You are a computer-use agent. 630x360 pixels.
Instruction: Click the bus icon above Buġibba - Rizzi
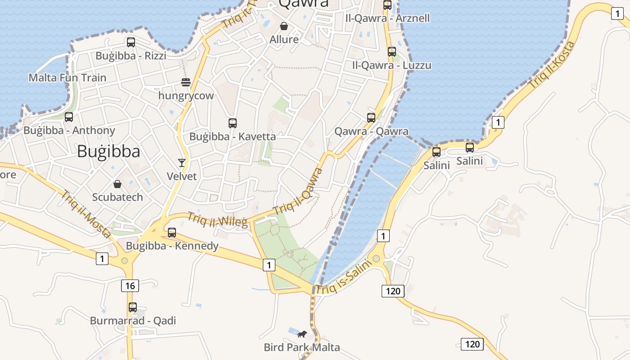(131, 42)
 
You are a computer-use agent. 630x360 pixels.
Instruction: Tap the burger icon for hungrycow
(186, 82)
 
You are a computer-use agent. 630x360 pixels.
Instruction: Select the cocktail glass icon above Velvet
(182, 162)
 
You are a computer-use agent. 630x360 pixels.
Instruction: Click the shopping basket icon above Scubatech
(117, 184)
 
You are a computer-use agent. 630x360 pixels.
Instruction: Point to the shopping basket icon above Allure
(284, 26)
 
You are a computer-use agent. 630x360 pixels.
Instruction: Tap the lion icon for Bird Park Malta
(302, 334)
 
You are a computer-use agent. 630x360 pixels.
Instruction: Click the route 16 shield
(130, 285)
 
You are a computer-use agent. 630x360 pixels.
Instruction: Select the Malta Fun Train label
(67, 78)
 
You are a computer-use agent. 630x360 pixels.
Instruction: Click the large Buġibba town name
(108, 152)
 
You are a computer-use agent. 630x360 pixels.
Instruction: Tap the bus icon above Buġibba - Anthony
(69, 117)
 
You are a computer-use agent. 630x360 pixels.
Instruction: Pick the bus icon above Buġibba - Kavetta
(233, 123)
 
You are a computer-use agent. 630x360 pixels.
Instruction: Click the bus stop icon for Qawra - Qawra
(371, 118)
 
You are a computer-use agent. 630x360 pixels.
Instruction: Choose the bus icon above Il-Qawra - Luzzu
(392, 52)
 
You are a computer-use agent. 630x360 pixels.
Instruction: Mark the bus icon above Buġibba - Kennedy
(172, 233)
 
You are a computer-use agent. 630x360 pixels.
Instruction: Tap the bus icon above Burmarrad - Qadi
(133, 307)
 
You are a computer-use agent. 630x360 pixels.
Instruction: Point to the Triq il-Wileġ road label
(218, 220)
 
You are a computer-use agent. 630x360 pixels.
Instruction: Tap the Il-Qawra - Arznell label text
(387, 18)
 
